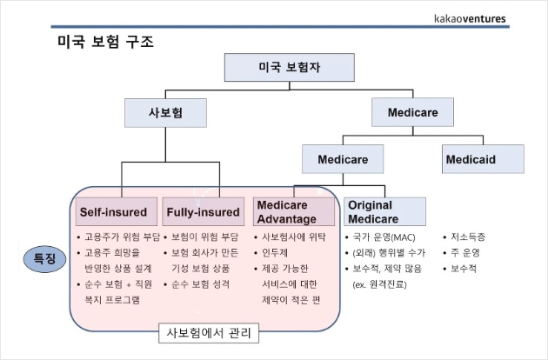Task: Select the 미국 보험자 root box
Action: tap(289, 66)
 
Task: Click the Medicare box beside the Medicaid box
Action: tap(343, 160)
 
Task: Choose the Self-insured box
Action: tap(113, 211)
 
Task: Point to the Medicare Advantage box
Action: tap(294, 211)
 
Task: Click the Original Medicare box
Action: tap(384, 211)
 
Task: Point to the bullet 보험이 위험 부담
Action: tap(204, 237)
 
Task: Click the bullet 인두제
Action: tap(279, 252)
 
